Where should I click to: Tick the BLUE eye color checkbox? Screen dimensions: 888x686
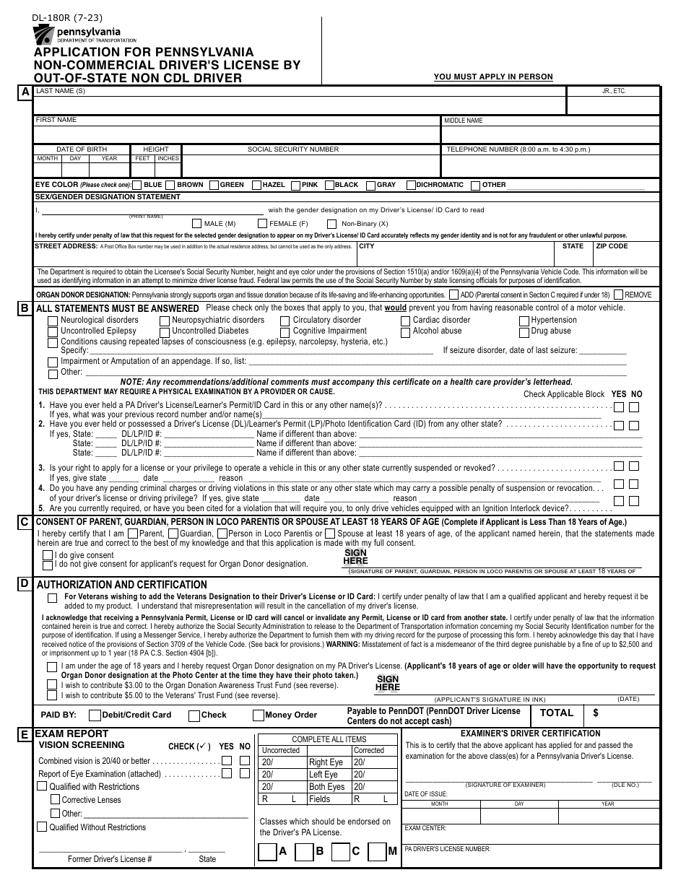[137, 186]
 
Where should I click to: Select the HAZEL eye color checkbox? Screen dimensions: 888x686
[256, 186]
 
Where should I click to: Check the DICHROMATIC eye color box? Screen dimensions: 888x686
[410, 186]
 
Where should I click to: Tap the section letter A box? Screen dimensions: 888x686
[25, 92]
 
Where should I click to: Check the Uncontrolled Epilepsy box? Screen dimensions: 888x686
[53, 332]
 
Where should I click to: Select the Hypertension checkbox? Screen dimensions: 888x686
[524, 321]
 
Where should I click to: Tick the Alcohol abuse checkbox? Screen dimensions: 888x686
[405, 332]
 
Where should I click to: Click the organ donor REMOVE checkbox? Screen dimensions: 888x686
[618, 295]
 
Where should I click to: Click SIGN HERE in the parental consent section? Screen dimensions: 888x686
[355, 557]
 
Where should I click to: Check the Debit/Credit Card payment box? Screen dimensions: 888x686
[95, 715]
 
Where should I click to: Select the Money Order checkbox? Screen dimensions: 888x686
[258, 715]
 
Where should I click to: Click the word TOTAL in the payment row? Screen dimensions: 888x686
[557, 713]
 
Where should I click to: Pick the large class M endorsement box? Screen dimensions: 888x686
[377, 852]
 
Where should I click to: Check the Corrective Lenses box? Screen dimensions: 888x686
[55, 800]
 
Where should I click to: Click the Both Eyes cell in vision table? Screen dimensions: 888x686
[327, 787]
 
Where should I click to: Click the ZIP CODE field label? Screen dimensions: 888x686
[612, 246]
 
